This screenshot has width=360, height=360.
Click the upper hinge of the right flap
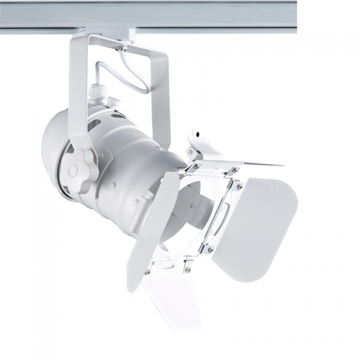pos(238,186)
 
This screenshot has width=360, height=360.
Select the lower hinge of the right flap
pos(210,248)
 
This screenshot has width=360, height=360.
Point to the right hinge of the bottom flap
pos(188,268)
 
